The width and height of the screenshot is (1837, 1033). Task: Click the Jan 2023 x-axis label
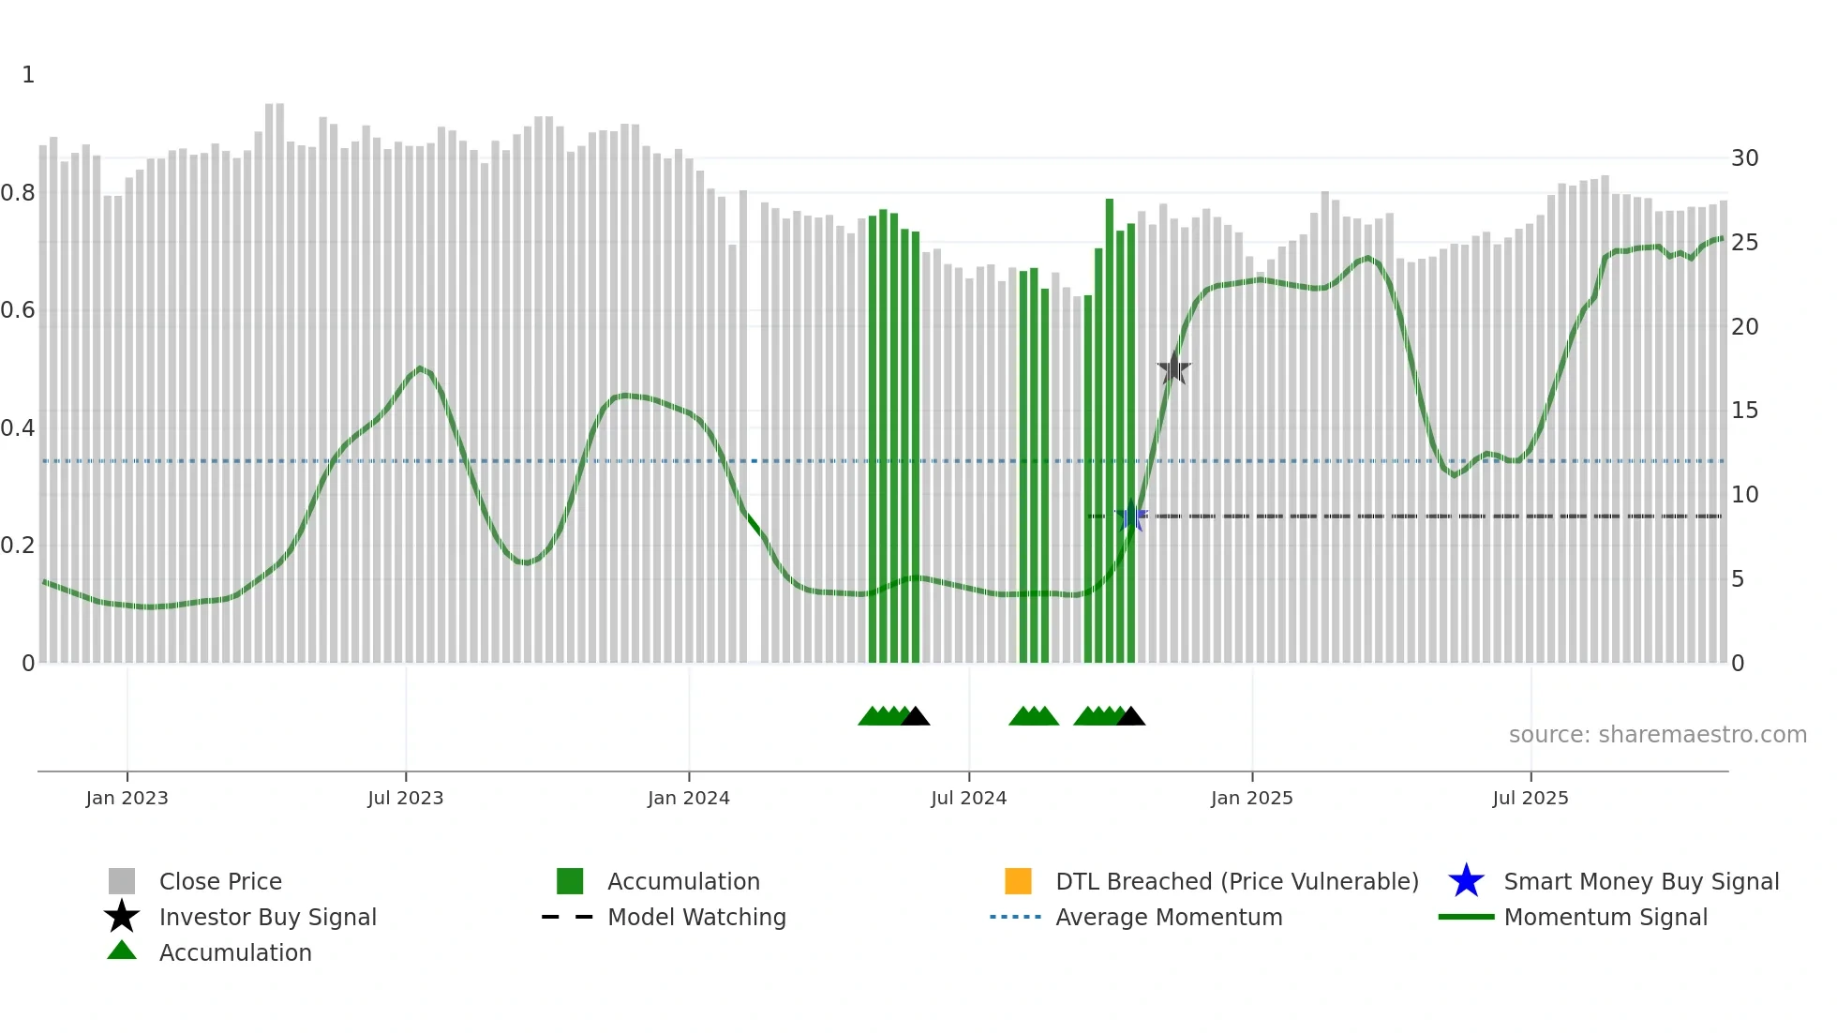[x=127, y=798]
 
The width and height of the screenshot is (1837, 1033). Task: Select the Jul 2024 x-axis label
[x=968, y=798]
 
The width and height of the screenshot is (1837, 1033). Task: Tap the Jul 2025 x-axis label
[x=1530, y=798]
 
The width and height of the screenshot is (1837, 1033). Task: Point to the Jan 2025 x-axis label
[x=1251, y=798]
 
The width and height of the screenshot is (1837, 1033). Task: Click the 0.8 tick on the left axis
[x=18, y=193]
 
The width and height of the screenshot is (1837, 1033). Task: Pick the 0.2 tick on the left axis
[x=18, y=546]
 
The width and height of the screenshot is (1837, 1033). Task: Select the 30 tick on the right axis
[x=1744, y=158]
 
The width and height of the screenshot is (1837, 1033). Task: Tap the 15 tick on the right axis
[x=1744, y=411]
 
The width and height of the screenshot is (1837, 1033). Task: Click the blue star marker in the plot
[x=1131, y=516]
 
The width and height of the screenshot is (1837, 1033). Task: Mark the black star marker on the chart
[x=1173, y=368]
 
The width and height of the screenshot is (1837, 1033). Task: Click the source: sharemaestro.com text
[x=1657, y=735]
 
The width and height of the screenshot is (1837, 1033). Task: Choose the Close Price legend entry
[x=220, y=881]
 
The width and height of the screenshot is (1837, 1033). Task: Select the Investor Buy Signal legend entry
[x=267, y=917]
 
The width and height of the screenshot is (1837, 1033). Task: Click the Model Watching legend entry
[x=696, y=917]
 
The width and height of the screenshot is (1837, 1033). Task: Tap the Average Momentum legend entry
[x=1169, y=917]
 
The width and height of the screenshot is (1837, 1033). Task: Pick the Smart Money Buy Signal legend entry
[x=1641, y=881]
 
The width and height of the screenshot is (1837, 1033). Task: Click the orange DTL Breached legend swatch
[x=1018, y=881]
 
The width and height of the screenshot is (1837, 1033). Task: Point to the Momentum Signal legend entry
[x=1606, y=917]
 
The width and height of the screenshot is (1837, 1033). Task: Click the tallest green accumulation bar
[x=1110, y=431]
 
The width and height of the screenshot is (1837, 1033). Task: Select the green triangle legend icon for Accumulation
[x=122, y=951]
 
